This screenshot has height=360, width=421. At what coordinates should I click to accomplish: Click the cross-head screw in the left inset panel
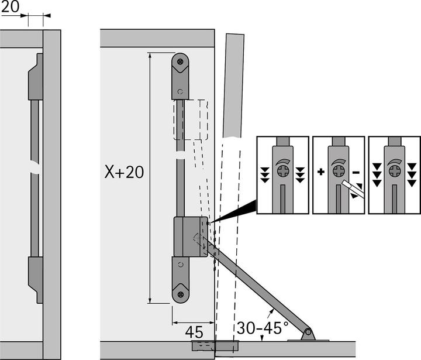click(x=283, y=172)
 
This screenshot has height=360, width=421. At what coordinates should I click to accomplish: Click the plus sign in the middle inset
click(x=320, y=172)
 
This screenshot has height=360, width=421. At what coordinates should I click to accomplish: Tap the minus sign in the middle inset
click(x=356, y=172)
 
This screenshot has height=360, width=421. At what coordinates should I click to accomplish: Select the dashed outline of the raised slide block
click(x=191, y=119)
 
